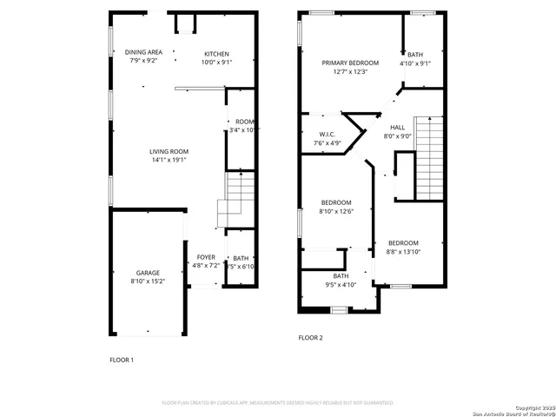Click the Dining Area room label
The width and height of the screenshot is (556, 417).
click(x=142, y=53)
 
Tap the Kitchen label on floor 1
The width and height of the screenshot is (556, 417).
click(x=216, y=53)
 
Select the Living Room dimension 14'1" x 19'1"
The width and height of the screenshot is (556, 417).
click(x=169, y=160)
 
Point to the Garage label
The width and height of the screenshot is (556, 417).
click(x=147, y=273)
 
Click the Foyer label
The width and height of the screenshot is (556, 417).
click(x=206, y=257)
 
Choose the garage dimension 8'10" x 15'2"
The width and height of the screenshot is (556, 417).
click(x=147, y=281)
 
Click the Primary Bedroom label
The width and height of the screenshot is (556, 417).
click(x=350, y=63)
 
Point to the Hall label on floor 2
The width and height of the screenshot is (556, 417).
click(x=397, y=127)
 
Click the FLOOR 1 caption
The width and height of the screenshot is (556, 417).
click(x=122, y=360)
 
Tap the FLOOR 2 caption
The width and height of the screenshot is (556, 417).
click(x=310, y=337)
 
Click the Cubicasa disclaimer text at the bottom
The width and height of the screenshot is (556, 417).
click(x=278, y=403)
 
